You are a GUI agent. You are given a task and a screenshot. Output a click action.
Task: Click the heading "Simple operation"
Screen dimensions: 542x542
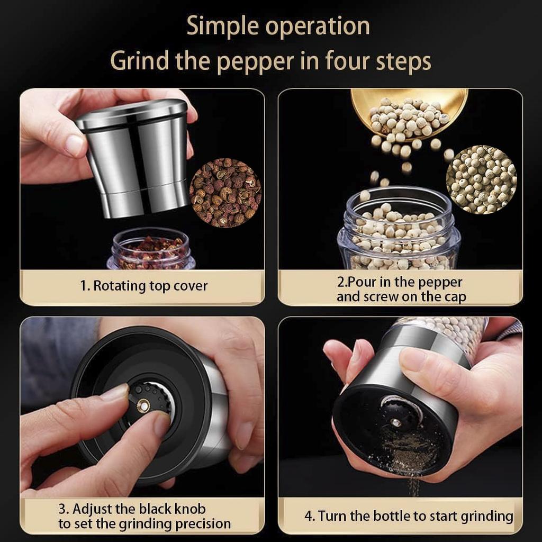tap(278, 26)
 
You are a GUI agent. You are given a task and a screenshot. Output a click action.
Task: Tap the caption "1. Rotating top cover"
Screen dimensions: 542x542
tap(143, 286)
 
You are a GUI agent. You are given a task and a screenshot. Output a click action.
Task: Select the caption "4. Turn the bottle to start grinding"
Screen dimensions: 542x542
tap(409, 516)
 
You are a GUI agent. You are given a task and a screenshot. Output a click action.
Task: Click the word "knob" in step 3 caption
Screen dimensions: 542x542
tap(187, 509)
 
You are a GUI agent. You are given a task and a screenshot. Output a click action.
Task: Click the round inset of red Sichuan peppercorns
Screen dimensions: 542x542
tap(225, 193)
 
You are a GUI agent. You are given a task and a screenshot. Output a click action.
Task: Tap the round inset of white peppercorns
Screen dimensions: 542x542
tap(481, 179)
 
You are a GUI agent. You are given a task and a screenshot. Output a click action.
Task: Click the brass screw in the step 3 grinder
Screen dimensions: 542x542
tap(143, 405)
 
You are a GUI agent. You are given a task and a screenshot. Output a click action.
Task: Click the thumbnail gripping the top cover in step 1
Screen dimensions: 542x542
tap(74, 145)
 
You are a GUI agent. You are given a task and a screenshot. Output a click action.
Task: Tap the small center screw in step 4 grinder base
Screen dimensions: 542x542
tap(395, 422)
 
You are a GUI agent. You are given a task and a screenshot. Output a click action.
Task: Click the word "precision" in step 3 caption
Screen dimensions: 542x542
tap(203, 524)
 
